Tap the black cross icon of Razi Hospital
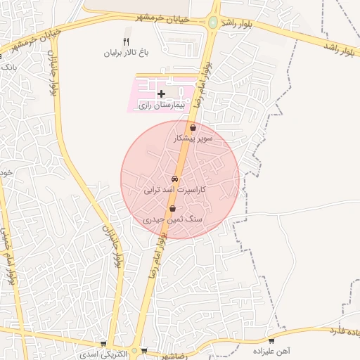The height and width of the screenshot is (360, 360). tap(161, 93)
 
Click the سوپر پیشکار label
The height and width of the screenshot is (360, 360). tap(193, 139)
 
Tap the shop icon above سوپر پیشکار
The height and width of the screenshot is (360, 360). tap(193, 127)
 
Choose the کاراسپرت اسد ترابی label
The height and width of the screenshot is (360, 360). tap(174, 190)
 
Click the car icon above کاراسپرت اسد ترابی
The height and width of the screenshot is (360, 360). tap(174, 179)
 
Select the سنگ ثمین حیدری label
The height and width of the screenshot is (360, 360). tap(173, 219)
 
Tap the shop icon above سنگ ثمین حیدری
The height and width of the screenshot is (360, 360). tap(173, 208)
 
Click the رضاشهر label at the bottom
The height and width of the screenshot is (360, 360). tap(172, 356)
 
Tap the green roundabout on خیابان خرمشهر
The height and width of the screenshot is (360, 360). tap(212, 22)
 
